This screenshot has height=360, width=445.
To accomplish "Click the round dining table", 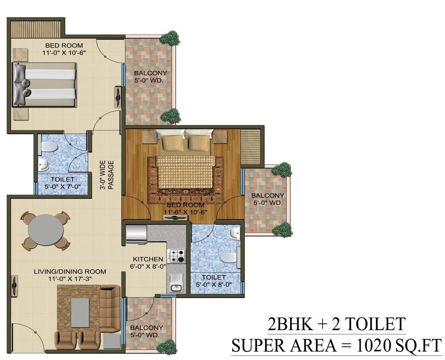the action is click(x=46, y=231).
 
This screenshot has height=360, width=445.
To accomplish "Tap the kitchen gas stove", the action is click(x=178, y=256).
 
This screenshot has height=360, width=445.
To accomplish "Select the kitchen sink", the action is click(x=176, y=283).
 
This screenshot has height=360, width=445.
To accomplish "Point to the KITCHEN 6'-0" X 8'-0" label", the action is click(x=149, y=263).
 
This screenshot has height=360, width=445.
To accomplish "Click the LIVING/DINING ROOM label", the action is click(x=70, y=275).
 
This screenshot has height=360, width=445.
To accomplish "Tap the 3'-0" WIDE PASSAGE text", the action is click(x=107, y=175).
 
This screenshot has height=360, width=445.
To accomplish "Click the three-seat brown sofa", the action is click(x=110, y=309).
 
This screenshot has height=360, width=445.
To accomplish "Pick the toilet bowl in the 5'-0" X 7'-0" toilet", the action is click(x=50, y=147).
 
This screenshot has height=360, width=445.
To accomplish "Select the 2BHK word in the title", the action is click(x=291, y=323).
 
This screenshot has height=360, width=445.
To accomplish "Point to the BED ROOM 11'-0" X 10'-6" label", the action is click(x=64, y=49).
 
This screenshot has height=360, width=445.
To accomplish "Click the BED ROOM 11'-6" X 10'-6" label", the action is click(x=185, y=208).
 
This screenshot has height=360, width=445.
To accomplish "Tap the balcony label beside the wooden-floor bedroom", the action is click(x=267, y=199).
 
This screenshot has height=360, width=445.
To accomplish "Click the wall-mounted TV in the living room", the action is click(x=15, y=286).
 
